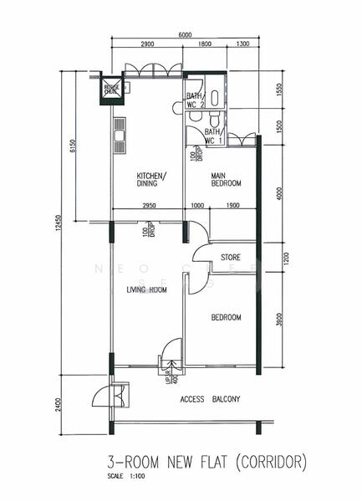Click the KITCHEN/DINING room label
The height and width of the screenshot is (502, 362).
pyautogui.click(x=151, y=180)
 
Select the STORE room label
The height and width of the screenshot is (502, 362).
pyautogui.click(x=231, y=256)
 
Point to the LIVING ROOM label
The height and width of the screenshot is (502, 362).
pyautogui.click(x=146, y=290)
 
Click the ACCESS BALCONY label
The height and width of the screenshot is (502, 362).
pyautogui.click(x=210, y=400)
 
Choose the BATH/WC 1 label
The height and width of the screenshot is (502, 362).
pyautogui.click(x=212, y=136)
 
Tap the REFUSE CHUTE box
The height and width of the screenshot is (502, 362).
pyautogui.click(x=111, y=89)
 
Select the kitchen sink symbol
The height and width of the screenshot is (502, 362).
pyautogui.click(x=118, y=135)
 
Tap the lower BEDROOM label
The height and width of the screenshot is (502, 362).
pyautogui.click(x=226, y=318)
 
